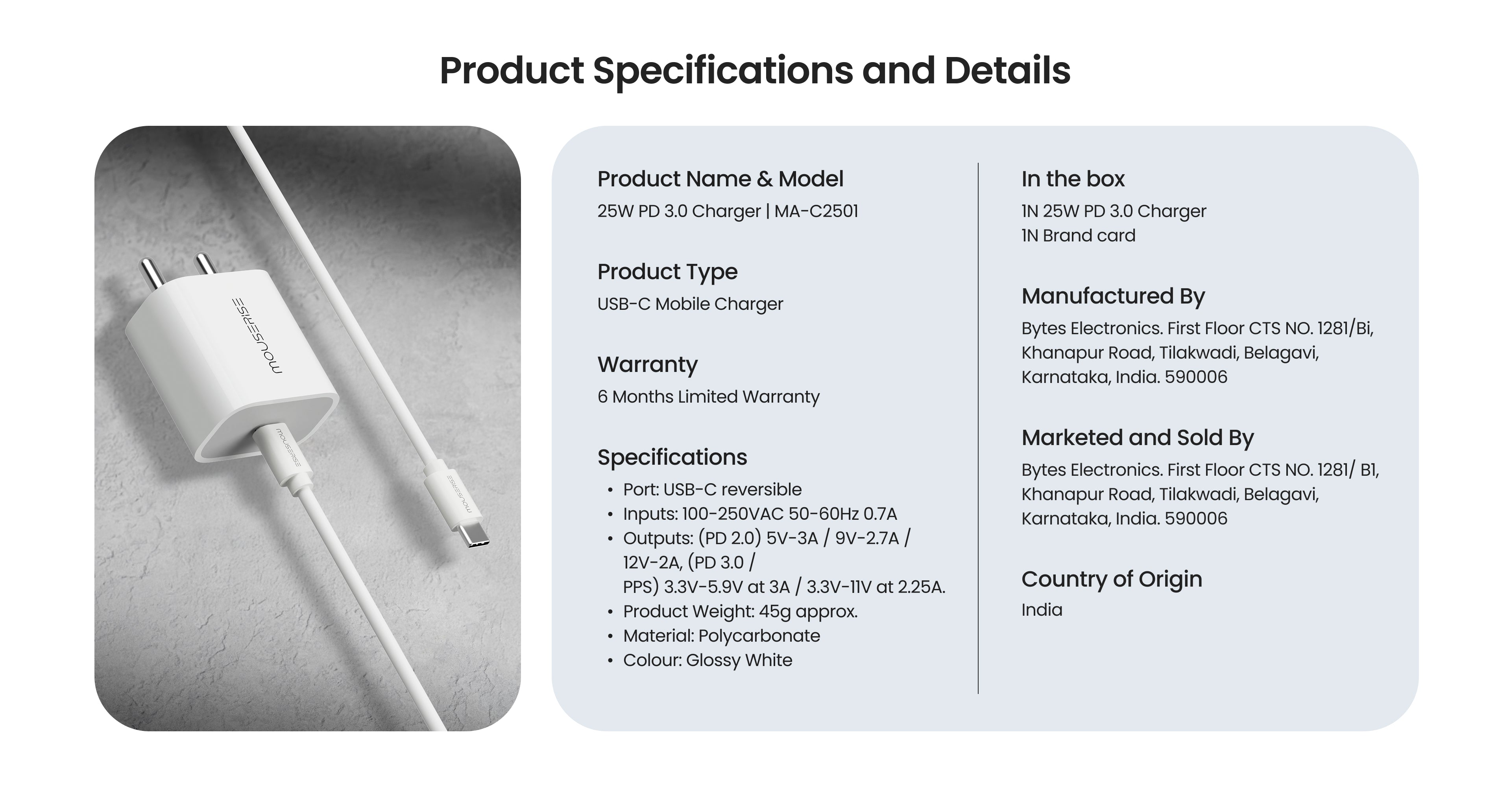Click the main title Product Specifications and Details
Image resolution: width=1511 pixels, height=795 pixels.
point(755,71)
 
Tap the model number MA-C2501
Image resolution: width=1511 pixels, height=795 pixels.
point(816,211)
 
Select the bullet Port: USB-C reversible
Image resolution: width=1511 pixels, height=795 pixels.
point(712,489)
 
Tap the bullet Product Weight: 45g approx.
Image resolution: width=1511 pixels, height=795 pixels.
point(740,611)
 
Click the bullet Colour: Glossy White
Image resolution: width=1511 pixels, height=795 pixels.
point(707,660)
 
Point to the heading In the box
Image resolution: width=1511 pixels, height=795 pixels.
point(1073,179)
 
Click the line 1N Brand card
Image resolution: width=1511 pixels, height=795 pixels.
point(1078,236)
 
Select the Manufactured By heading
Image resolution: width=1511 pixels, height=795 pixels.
point(1113,296)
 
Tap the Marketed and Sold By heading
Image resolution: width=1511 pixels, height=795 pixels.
point(1137,438)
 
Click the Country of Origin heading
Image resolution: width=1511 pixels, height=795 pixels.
point(1112,579)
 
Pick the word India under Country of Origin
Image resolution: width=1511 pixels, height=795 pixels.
point(1042,610)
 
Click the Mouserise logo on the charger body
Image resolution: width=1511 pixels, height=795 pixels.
point(256,336)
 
